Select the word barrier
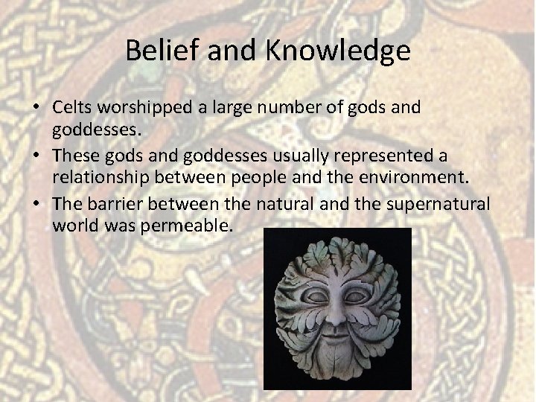pyautogui.click(x=115, y=204)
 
